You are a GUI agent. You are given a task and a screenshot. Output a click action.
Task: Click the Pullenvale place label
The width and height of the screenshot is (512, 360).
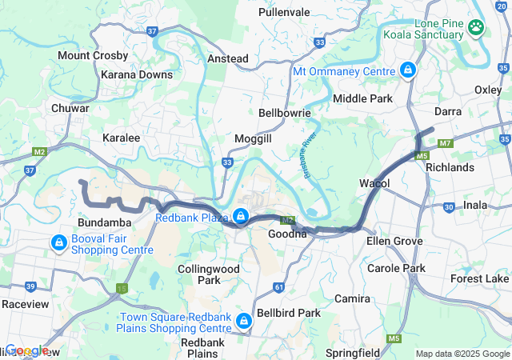(284, 13)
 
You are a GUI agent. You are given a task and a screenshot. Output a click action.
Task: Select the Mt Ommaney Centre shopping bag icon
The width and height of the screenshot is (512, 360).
(408, 70)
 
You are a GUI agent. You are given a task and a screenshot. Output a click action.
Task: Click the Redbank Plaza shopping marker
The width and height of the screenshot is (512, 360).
(240, 216)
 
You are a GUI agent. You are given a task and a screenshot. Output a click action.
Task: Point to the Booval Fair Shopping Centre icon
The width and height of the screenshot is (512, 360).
(58, 242)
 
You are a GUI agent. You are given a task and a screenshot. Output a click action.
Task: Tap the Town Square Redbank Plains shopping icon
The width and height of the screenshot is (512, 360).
(243, 322)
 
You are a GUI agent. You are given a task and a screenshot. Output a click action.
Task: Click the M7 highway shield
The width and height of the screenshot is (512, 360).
(446, 143)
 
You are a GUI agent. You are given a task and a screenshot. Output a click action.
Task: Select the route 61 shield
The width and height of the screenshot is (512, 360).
(278, 286)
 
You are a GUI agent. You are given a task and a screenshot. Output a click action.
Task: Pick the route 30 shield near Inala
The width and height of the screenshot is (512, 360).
(449, 206)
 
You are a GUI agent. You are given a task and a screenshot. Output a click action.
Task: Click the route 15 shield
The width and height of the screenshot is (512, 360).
(122, 288)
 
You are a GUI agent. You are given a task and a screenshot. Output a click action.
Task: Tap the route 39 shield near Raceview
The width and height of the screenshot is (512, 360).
(30, 286)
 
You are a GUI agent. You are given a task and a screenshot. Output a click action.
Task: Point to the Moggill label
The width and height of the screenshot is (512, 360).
(253, 138)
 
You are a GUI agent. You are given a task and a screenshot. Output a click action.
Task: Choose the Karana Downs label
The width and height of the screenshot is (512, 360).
(137, 74)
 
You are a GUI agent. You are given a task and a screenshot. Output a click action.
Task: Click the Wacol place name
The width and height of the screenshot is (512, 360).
(374, 183)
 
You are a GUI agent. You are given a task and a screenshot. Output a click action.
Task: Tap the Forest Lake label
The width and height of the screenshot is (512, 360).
(479, 278)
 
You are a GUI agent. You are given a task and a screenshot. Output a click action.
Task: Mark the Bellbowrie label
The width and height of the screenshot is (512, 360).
(284, 113)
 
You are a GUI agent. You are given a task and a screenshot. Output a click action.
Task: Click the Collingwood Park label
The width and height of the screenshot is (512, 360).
(209, 274)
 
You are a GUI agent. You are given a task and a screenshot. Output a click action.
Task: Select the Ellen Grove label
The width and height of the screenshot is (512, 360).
(394, 240)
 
